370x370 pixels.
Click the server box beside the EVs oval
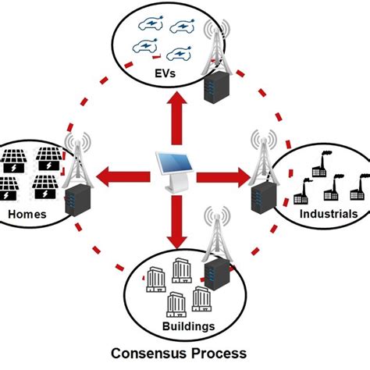coord(215,89)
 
